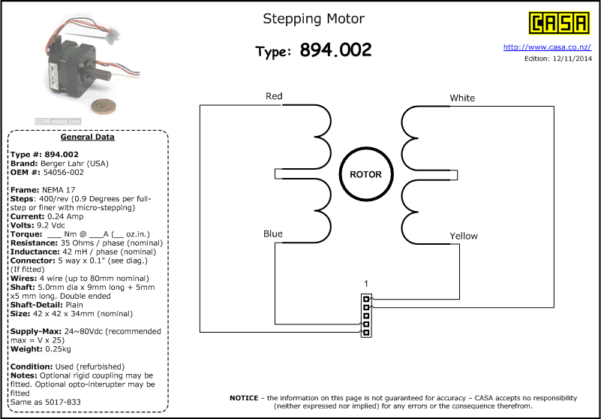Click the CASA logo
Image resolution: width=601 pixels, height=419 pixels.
[x=559, y=23]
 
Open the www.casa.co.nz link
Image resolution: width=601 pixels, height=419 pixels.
[x=547, y=47]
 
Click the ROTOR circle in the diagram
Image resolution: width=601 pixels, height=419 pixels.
[x=366, y=174]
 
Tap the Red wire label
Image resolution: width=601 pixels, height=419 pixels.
[x=274, y=96]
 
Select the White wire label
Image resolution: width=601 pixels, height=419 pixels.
[x=462, y=98]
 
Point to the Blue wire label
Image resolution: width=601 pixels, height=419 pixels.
[x=273, y=234]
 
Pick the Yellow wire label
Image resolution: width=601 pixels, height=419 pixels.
[x=464, y=236]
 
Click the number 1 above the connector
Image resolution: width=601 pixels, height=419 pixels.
[x=366, y=284]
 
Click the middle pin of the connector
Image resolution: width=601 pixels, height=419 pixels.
[x=366, y=315]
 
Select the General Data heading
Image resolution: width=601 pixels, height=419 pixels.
[x=87, y=137]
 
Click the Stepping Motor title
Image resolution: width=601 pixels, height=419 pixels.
[x=314, y=19]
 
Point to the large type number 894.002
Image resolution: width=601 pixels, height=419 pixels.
[x=335, y=50]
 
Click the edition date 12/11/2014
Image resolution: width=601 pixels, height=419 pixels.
[x=572, y=59]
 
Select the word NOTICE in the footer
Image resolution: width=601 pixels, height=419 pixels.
[x=244, y=398]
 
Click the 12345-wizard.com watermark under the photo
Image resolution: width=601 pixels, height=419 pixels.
[x=58, y=121]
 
